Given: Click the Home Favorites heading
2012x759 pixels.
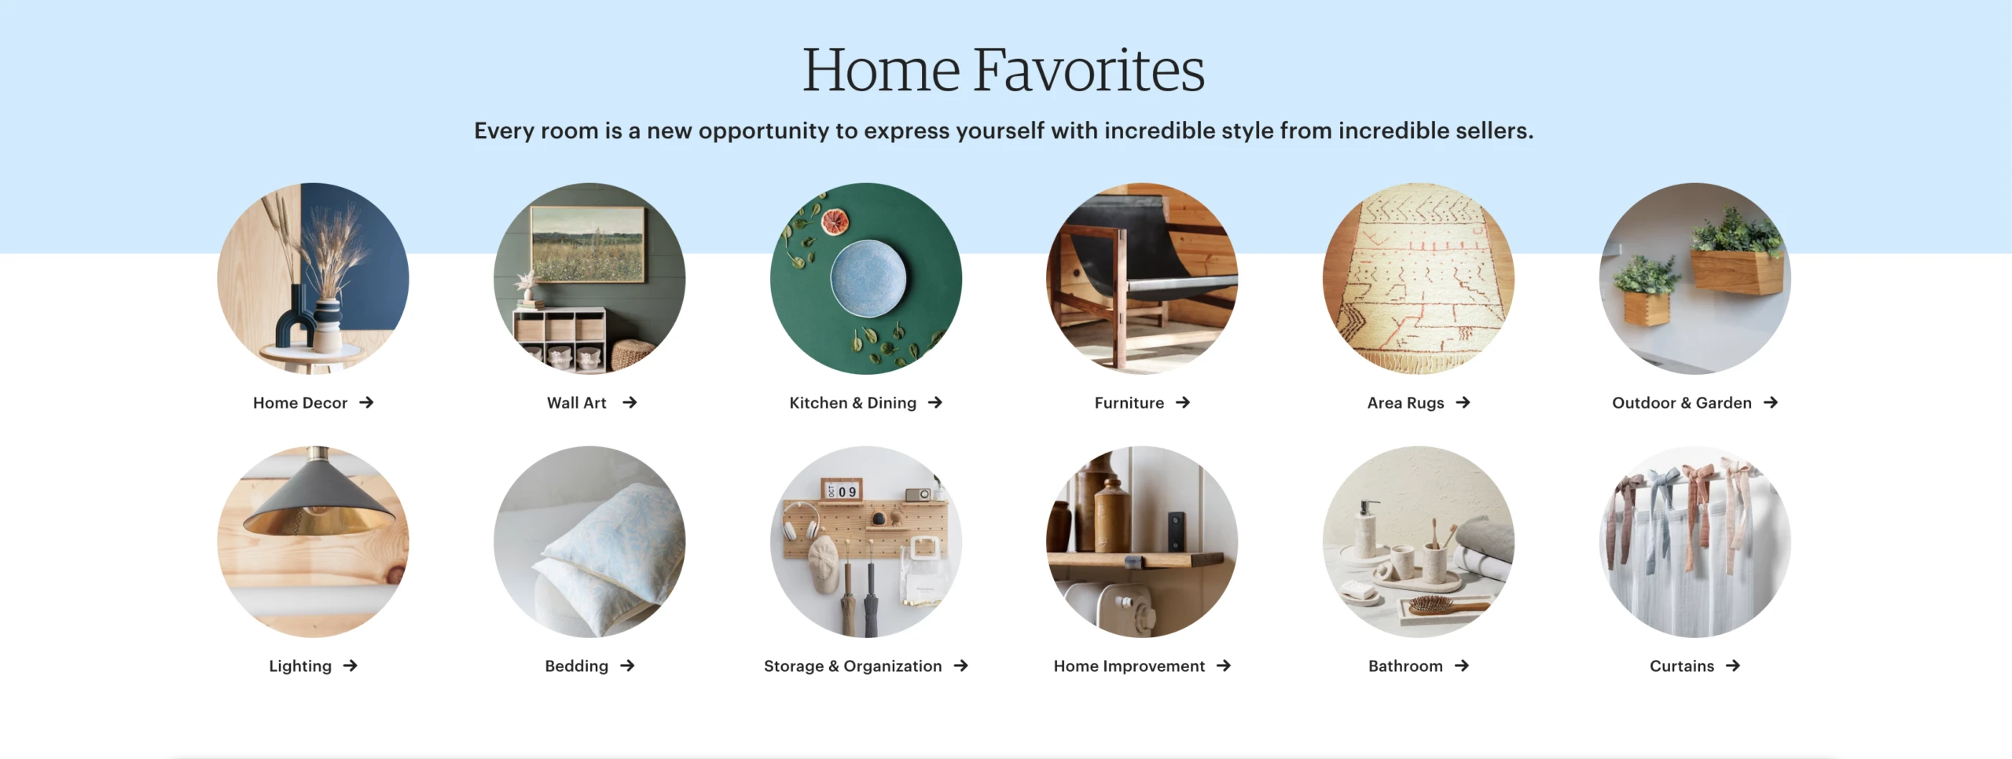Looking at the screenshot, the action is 1004,70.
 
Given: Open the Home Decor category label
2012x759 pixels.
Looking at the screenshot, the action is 300,403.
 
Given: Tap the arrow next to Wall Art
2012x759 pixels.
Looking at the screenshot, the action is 630,402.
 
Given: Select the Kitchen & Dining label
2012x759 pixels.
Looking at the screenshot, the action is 853,403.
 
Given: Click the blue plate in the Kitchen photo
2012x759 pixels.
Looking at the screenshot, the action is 868,278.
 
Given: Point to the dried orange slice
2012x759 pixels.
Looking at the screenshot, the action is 835,222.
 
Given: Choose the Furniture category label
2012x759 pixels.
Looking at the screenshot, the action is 1129,403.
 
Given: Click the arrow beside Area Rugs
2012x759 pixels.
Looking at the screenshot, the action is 1463,402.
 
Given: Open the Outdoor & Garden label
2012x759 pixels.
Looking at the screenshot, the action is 1682,403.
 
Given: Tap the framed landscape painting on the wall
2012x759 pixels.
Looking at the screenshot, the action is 588,244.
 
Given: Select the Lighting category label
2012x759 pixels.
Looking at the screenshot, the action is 300,666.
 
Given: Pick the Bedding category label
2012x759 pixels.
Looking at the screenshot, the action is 577,666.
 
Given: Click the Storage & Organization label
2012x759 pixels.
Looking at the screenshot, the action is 853,666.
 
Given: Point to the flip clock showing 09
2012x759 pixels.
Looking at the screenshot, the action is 840,491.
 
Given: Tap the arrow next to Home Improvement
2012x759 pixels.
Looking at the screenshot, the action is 1224,665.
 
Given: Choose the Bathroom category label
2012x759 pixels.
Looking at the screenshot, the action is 1405,666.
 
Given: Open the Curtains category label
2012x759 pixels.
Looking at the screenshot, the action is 1682,666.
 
